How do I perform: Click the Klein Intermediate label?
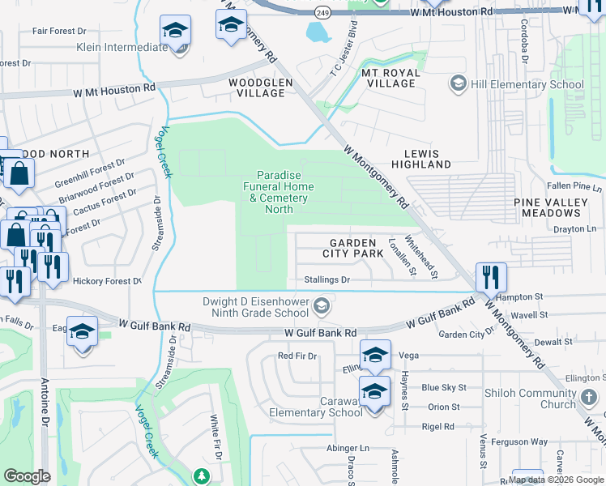pos(122,47)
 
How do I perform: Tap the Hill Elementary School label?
pos(527,84)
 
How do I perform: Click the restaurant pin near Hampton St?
pos(491,277)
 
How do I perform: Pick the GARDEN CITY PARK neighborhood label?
pos(352,248)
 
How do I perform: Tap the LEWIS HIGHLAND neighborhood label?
pos(420,159)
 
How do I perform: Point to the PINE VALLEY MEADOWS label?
pos(548,207)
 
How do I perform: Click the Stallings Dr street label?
pos(327,279)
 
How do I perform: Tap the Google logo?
pos(28,475)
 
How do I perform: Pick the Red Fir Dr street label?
pos(296,356)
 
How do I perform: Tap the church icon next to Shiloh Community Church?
pos(590,399)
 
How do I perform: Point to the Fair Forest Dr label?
pos(59,31)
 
